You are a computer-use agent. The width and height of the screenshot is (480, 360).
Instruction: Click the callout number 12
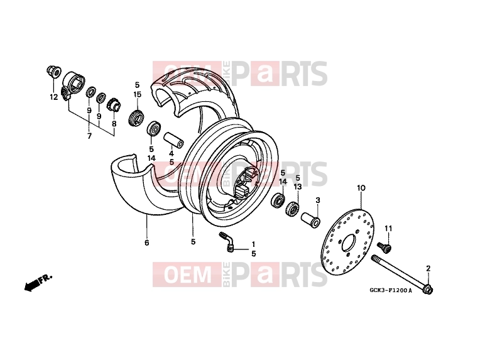[x=53, y=97]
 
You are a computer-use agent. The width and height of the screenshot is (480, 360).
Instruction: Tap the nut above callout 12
[x=53, y=72]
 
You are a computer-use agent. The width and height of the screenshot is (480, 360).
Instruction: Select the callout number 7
[x=89, y=136]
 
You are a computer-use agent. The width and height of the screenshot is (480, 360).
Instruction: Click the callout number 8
[x=114, y=124]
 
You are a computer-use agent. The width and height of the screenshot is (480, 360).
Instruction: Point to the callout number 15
[x=137, y=94]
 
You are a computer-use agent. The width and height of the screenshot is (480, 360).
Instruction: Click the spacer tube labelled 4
[x=173, y=140]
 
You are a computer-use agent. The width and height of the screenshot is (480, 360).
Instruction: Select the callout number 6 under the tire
[x=146, y=243]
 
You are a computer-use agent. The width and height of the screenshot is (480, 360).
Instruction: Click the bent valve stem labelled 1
[x=227, y=243]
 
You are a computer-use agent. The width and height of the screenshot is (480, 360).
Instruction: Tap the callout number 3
[x=318, y=200]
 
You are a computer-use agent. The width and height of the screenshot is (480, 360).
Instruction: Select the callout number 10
[x=361, y=188]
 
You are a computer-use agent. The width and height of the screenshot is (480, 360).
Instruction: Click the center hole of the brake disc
[x=349, y=242]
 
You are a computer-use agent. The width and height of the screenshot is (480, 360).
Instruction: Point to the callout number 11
[x=388, y=228]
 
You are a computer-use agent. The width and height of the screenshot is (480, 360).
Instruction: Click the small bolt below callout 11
[x=384, y=247]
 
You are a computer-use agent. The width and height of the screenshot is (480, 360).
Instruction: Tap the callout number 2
[x=428, y=268]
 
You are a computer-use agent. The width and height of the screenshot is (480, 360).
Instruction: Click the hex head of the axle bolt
[x=428, y=289]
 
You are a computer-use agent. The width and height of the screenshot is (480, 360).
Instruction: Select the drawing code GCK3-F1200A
[x=391, y=290]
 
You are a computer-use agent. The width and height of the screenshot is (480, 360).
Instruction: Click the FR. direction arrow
[x=38, y=282]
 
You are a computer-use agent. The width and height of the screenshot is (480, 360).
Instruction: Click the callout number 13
[x=298, y=187]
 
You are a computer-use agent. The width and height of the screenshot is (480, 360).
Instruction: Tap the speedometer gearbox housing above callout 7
[x=73, y=84]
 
